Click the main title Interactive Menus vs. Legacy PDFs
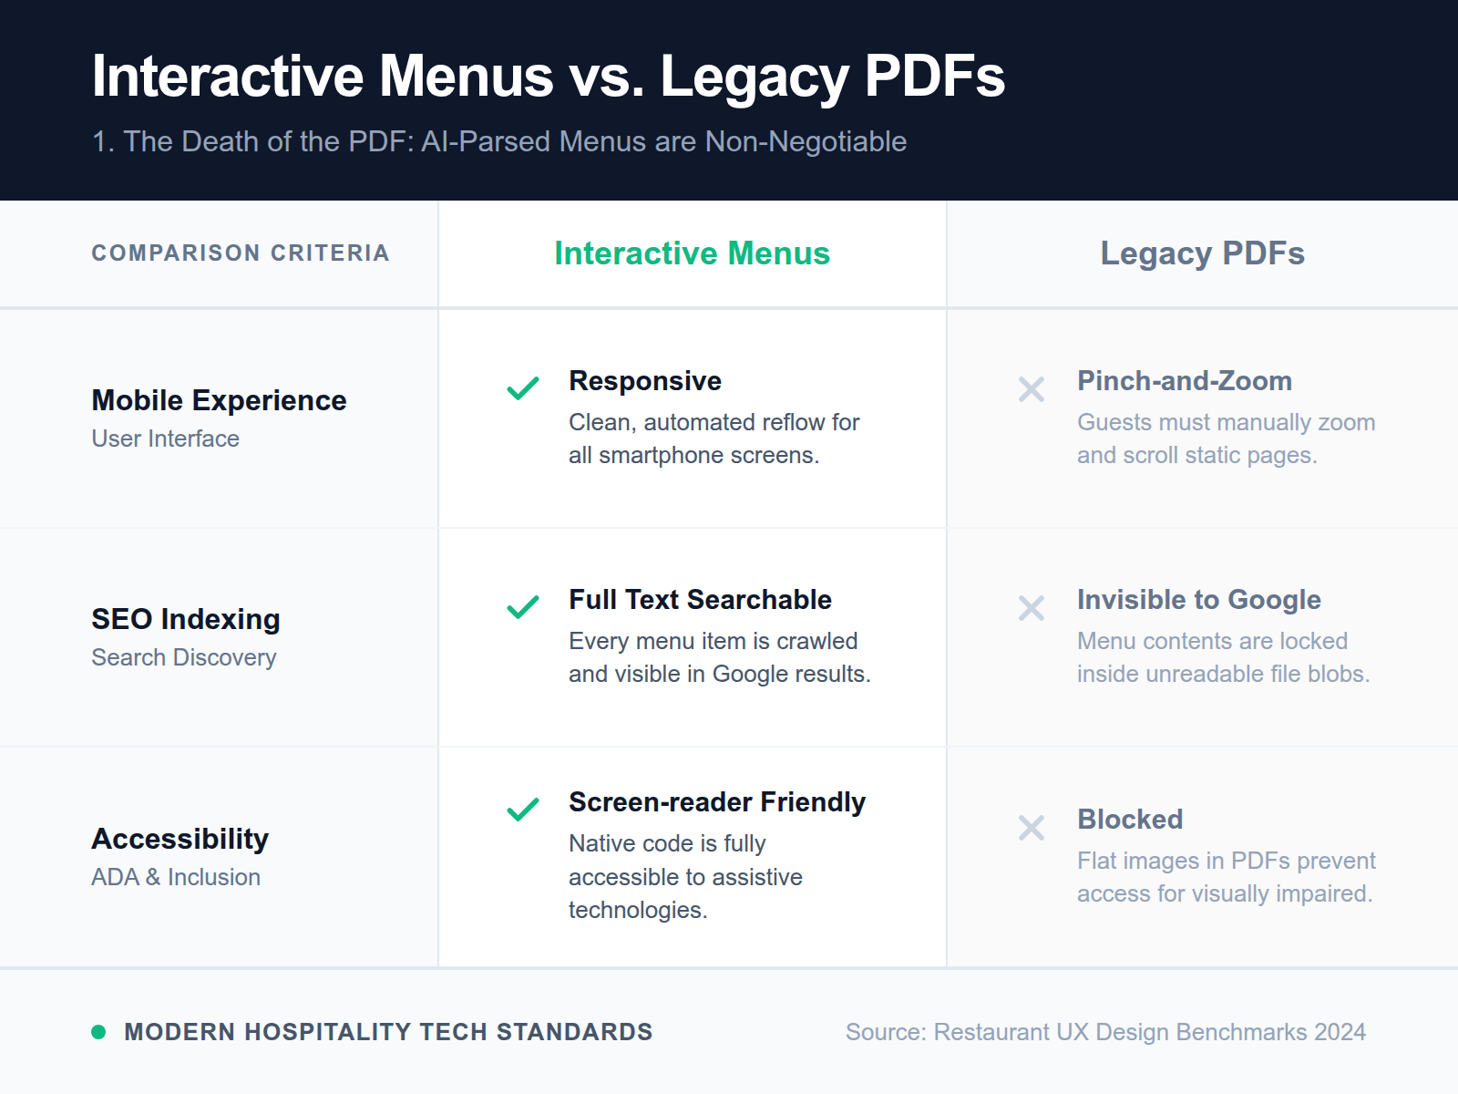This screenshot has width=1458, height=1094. point(548,76)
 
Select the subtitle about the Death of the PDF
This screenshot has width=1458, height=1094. point(498,141)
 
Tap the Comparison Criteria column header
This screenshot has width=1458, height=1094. point(240,253)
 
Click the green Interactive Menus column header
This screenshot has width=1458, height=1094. point(692,253)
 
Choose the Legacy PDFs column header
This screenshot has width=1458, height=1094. point(1202,253)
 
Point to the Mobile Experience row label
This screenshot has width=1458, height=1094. point(219,400)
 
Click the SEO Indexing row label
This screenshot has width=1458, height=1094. point(186,619)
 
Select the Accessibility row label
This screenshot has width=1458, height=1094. point(180,839)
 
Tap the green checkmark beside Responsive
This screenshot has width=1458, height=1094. point(523,388)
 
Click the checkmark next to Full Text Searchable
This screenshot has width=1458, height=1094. point(523,607)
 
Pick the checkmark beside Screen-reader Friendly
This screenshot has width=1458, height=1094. point(523,809)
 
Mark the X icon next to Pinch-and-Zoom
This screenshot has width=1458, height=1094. point(1032,389)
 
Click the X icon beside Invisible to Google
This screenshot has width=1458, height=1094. point(1032,608)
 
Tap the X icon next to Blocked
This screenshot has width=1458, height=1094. point(1032,828)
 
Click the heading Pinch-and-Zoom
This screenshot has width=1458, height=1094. point(1185,381)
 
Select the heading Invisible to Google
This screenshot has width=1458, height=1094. point(1199,600)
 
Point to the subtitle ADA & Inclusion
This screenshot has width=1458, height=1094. point(176,877)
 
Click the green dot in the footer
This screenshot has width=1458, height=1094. point(98,1032)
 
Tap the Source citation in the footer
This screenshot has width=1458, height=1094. point(1105,1032)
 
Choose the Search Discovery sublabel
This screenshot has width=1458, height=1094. point(184,657)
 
